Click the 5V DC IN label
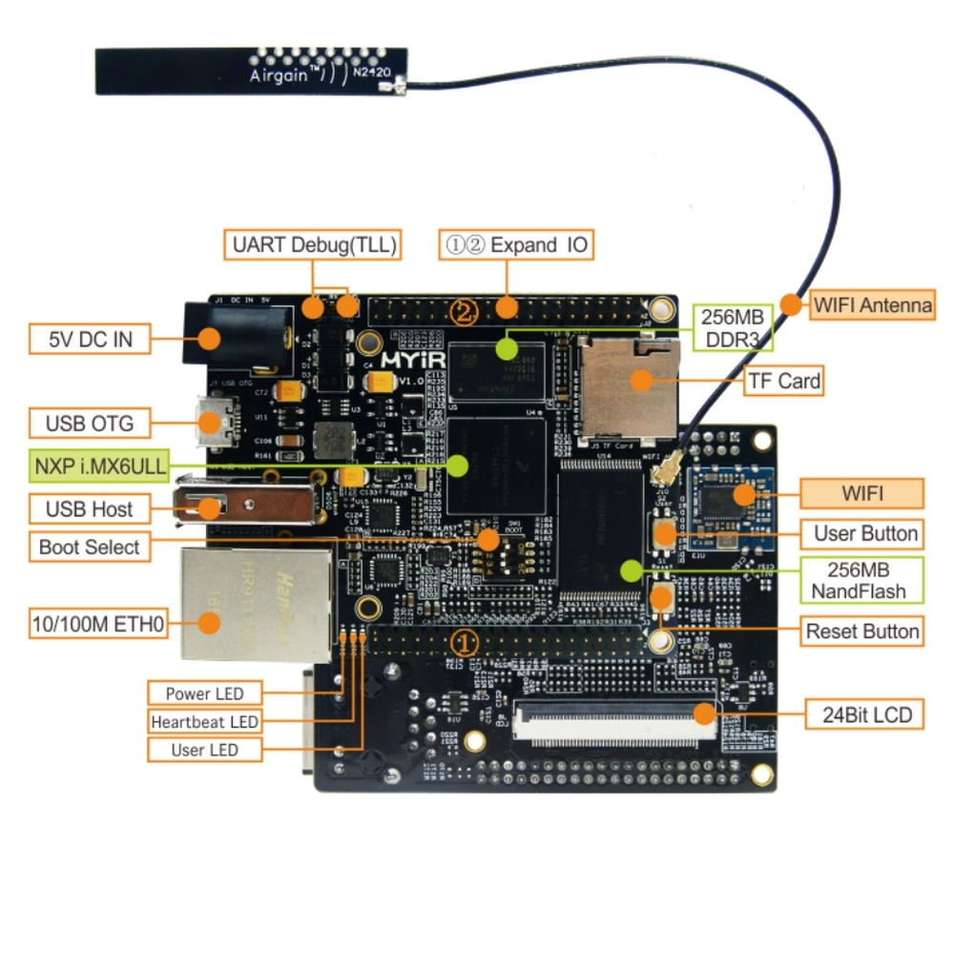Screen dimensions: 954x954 pyautogui.click(x=91, y=339)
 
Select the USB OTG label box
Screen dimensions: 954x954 pyautogui.click(x=90, y=423)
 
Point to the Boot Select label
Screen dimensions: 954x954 pyautogui.click(x=90, y=548)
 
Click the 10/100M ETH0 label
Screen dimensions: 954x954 pyautogui.click(x=96, y=626)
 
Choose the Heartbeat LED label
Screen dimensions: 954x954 pyautogui.click(x=204, y=721)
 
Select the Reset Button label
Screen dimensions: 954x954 pyautogui.click(x=862, y=632)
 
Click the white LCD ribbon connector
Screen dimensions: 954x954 pyautogui.click(x=614, y=723)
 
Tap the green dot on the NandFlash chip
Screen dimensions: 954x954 pyautogui.click(x=630, y=570)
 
